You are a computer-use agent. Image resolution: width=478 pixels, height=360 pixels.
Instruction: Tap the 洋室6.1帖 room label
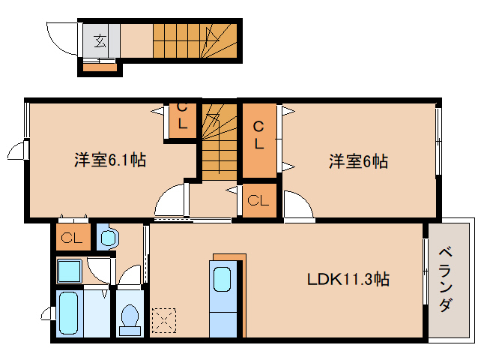click(109, 160)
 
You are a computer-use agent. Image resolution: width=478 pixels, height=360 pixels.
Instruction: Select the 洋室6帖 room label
click(357, 160)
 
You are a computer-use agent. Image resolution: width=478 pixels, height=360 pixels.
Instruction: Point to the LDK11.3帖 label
click(348, 280)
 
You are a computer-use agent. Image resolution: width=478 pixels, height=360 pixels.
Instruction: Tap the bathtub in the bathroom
click(69, 313)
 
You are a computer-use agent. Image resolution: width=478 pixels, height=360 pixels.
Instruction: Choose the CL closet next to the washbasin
click(72, 238)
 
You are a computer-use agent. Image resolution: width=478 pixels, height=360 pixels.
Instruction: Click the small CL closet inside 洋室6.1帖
click(181, 119)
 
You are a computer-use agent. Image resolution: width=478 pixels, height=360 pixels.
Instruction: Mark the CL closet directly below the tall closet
click(258, 200)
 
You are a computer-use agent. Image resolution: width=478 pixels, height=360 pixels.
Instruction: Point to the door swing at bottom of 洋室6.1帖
click(170, 202)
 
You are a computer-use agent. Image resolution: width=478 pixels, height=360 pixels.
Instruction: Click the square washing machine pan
click(71, 270)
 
